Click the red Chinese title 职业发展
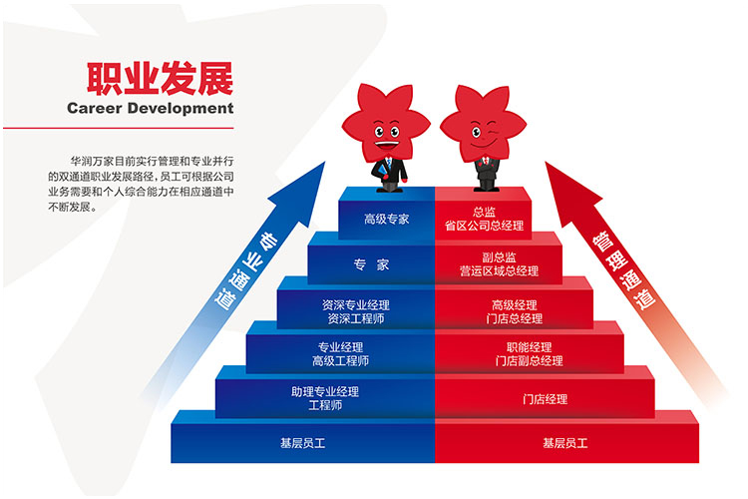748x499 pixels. click(x=160, y=78)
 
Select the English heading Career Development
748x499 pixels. click(x=151, y=108)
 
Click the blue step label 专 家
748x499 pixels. click(x=371, y=264)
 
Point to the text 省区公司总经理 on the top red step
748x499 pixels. click(x=484, y=226)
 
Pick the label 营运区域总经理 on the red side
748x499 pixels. click(x=499, y=271)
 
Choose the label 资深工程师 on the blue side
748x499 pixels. click(x=356, y=318)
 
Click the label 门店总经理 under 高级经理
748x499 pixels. click(x=515, y=318)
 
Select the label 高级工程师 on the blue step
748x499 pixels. click(x=341, y=360)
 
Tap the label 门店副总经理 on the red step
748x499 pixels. click(x=529, y=360)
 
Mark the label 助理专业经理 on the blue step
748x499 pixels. click(x=325, y=392)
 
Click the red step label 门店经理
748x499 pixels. click(x=545, y=399)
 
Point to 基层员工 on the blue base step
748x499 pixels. click(x=302, y=443)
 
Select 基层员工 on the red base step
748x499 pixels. click(x=564, y=443)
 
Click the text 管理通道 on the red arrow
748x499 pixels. click(x=623, y=270)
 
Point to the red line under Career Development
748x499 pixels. click(x=119, y=128)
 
